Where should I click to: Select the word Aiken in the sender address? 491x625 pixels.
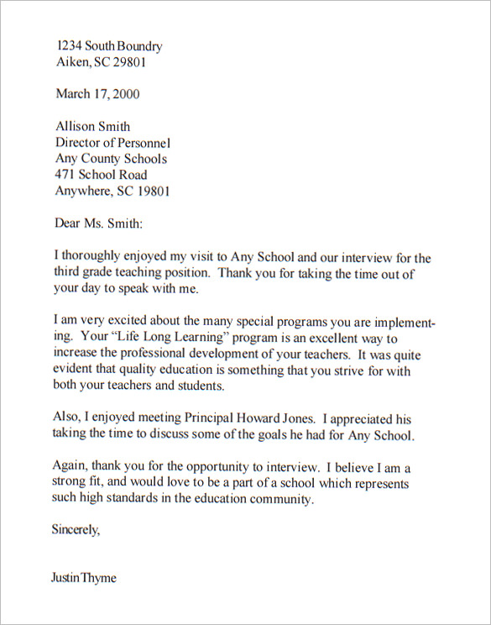coord(71,62)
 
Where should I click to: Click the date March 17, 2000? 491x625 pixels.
coord(97,93)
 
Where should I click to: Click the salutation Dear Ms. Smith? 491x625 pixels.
coord(98,223)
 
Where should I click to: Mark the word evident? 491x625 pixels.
coord(75,370)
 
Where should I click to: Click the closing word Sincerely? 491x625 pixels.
coord(76,530)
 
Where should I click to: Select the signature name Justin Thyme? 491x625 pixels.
coord(84,578)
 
